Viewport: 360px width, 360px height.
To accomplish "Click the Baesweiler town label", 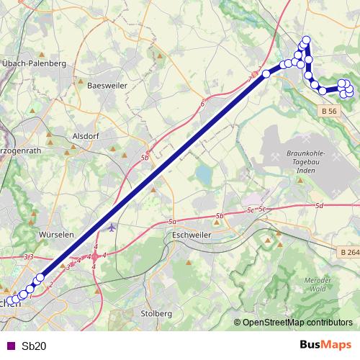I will (x=106, y=85).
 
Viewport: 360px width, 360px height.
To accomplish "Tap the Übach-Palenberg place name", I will (x=35, y=64).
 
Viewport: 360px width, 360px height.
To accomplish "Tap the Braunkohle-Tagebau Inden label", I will (x=307, y=165).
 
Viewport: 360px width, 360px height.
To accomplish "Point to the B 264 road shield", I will (x=348, y=253).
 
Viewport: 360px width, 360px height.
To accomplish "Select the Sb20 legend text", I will (x=34, y=346).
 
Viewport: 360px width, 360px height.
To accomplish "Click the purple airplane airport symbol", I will (x=111, y=228).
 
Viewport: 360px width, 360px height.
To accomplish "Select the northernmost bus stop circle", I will (x=306, y=40).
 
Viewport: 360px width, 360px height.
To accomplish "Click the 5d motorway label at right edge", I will (x=318, y=207).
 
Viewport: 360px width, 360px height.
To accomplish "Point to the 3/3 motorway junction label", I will (x=29, y=256).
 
